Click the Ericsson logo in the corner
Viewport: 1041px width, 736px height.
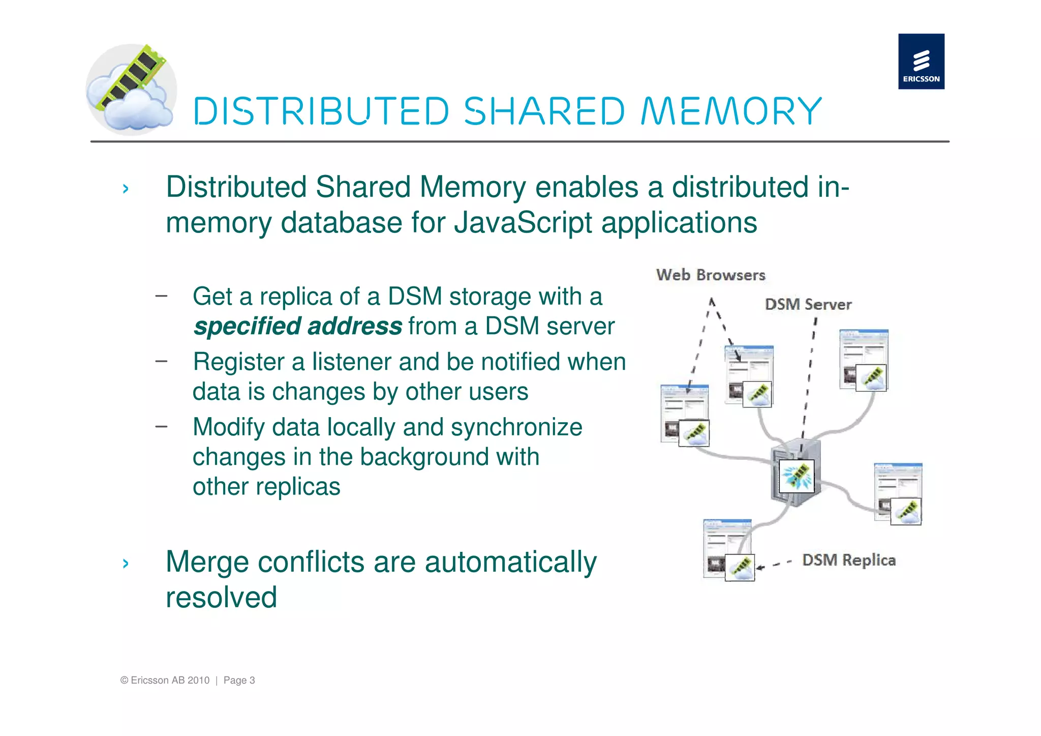coord(921,62)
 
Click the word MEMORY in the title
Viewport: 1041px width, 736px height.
coord(731,111)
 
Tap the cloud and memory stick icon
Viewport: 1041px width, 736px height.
coord(131,90)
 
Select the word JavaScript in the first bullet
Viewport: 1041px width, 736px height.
coord(523,223)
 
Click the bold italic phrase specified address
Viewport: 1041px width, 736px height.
coord(298,327)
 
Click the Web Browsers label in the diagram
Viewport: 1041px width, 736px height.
coord(710,275)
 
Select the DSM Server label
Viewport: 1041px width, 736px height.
coord(808,305)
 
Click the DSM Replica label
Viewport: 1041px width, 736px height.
coord(848,560)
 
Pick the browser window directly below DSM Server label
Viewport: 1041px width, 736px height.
coord(863,360)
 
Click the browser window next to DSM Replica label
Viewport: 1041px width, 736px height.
coord(727,550)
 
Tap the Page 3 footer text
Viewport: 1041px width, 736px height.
coord(239,681)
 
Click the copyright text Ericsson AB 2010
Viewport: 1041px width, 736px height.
coord(165,681)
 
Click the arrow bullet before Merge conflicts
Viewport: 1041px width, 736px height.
coord(126,563)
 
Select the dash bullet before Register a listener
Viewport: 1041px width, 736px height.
coord(161,361)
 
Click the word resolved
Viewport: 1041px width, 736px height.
coord(221,598)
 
